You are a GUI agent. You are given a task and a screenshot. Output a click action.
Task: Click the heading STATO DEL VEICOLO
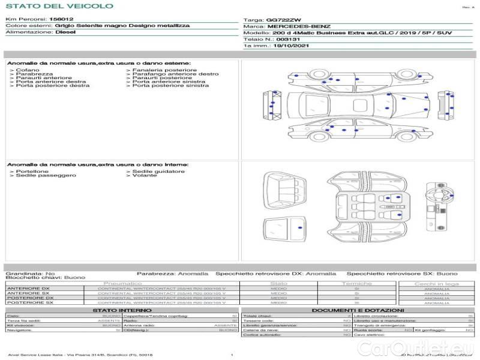point(59,6)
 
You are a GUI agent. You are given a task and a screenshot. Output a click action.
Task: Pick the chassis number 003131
point(289,39)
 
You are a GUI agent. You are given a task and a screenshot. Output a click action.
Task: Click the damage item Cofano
point(28,70)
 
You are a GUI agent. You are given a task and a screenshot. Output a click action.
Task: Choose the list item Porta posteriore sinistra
point(170,86)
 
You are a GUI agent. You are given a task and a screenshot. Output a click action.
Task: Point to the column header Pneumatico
point(123,283)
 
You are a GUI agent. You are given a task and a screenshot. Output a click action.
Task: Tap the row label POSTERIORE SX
point(29,302)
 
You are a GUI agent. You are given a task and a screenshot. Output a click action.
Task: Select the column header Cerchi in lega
point(437,283)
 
